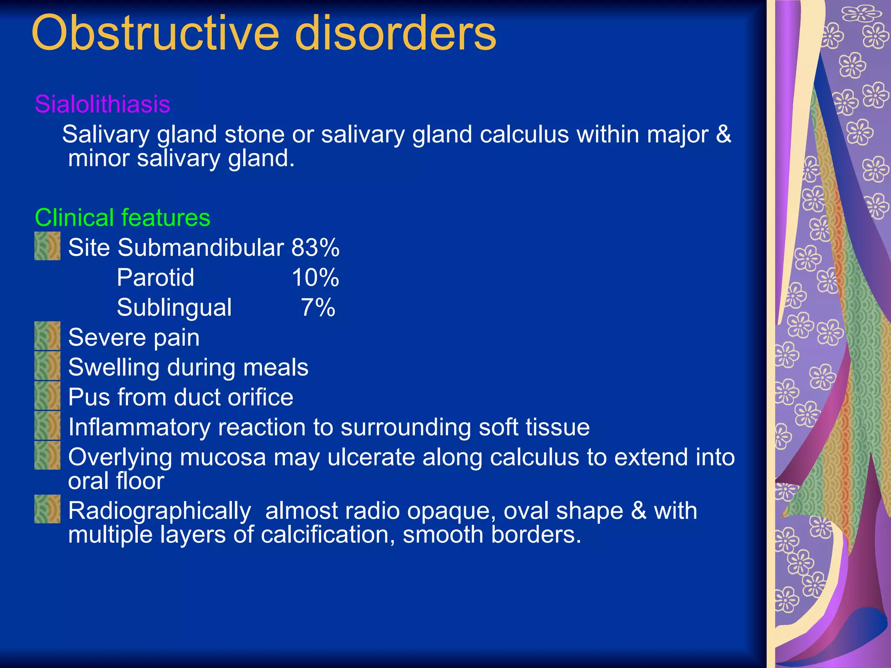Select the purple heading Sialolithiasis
(102, 104)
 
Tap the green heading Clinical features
(122, 217)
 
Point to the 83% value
(315, 248)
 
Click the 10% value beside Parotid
(315, 277)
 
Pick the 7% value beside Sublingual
(318, 307)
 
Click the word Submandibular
(201, 248)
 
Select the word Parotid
(155, 277)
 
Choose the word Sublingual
(174, 308)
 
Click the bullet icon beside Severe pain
(47, 336)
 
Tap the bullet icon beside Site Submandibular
(47, 246)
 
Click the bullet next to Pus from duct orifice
(47, 396)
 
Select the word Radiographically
(160, 511)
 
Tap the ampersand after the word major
(724, 134)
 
